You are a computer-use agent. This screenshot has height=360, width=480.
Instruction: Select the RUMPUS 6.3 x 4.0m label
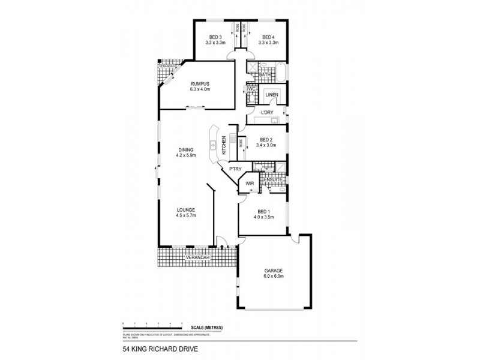[x=200, y=83]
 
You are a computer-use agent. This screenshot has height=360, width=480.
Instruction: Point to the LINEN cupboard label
[x=271, y=95]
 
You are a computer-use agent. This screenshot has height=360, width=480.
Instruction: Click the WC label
[x=251, y=89]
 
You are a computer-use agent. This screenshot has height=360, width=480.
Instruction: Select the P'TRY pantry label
[x=235, y=170]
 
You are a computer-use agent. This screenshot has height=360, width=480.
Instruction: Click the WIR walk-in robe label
[x=249, y=184]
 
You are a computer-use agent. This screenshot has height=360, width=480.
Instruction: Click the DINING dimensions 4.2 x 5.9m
[x=187, y=155]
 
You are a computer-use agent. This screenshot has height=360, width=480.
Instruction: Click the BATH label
[x=274, y=75]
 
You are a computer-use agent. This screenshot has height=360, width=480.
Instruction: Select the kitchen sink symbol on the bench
[x=214, y=144]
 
